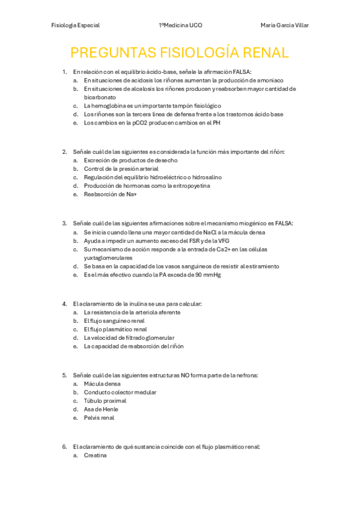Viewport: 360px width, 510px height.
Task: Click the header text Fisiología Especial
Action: pos(76,25)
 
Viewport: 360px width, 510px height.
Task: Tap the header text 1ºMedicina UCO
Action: pos(180,25)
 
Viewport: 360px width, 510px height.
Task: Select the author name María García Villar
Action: pos(285,25)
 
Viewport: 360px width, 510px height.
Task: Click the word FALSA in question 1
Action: pos(240,72)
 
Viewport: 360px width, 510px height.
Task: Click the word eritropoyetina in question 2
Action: pos(192,186)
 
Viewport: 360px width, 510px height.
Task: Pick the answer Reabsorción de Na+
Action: pos(111,194)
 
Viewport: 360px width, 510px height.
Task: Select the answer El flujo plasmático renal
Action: pos(115,329)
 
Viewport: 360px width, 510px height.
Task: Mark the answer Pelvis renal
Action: pos(99,417)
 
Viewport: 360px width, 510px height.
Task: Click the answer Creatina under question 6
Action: pos(95,455)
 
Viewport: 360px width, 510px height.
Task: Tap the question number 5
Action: pos(64,375)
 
